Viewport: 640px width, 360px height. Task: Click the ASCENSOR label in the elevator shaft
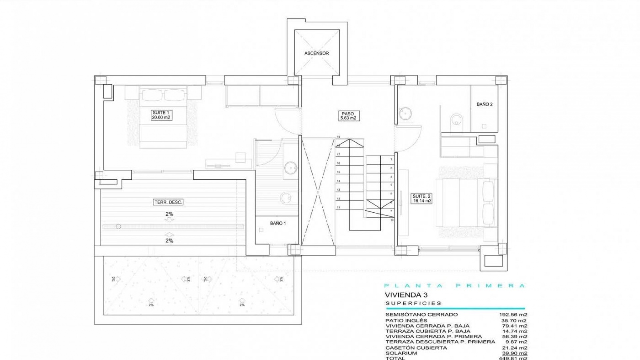(x=316, y=53)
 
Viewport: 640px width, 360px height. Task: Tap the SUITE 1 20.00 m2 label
(x=161, y=115)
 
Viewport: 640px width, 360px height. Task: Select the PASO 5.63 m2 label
(x=348, y=116)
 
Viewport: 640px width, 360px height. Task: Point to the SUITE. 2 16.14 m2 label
(x=422, y=199)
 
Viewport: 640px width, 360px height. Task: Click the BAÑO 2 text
(x=484, y=104)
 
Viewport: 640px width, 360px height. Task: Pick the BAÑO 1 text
(x=278, y=223)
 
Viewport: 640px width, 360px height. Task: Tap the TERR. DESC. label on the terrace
(x=169, y=202)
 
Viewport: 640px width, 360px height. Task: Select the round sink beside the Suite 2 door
(x=406, y=113)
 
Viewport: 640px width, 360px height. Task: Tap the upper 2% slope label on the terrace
(x=169, y=214)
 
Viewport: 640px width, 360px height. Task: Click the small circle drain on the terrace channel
(x=118, y=227)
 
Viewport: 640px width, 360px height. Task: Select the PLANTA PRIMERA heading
(x=454, y=286)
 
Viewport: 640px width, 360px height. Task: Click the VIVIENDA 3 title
(x=406, y=295)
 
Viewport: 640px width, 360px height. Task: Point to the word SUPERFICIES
(x=413, y=303)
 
